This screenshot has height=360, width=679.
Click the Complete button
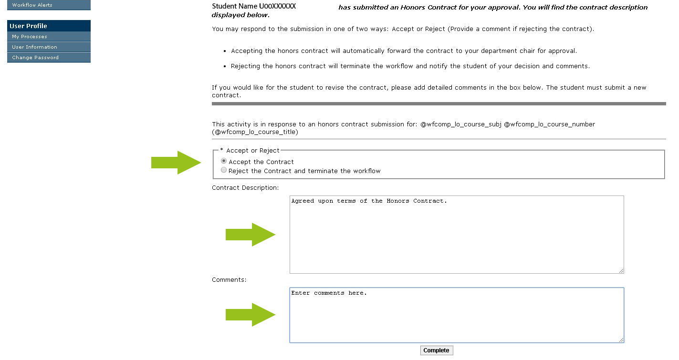[x=436, y=350]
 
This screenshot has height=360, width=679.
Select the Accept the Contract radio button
[x=224, y=161]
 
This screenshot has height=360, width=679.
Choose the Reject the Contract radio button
[x=224, y=170]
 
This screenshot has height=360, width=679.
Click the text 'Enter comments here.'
[x=329, y=293]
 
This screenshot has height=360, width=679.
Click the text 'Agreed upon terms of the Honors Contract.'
[x=369, y=201]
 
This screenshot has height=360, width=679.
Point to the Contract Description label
[x=245, y=188]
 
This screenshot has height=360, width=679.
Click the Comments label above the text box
[x=229, y=280]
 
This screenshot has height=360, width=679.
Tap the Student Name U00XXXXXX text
[x=254, y=7]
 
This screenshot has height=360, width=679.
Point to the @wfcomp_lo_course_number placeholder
[x=549, y=124]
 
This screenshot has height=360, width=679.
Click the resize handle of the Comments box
[x=621, y=340]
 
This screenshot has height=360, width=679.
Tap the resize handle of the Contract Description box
[x=621, y=271]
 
